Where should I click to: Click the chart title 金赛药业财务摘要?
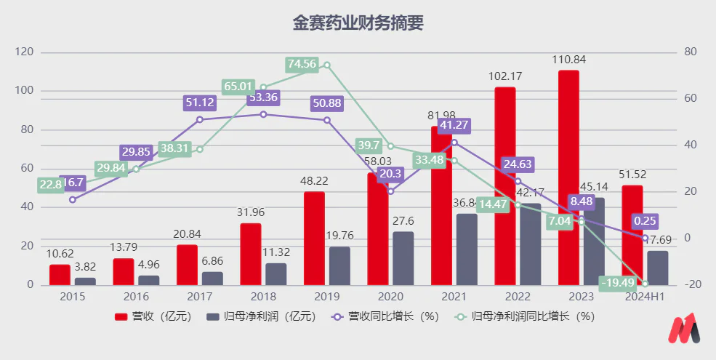(x=358, y=23)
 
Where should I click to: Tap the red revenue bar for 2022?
(x=505, y=185)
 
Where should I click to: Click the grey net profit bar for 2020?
(x=403, y=258)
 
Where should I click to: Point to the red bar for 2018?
(x=251, y=254)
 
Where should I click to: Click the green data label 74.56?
(x=302, y=64)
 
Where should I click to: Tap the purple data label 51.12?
(x=199, y=103)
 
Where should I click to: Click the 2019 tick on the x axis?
(x=326, y=297)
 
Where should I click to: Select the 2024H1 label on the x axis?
(x=645, y=297)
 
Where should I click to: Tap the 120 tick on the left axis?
(x=25, y=52)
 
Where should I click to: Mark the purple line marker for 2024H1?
(x=645, y=238)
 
